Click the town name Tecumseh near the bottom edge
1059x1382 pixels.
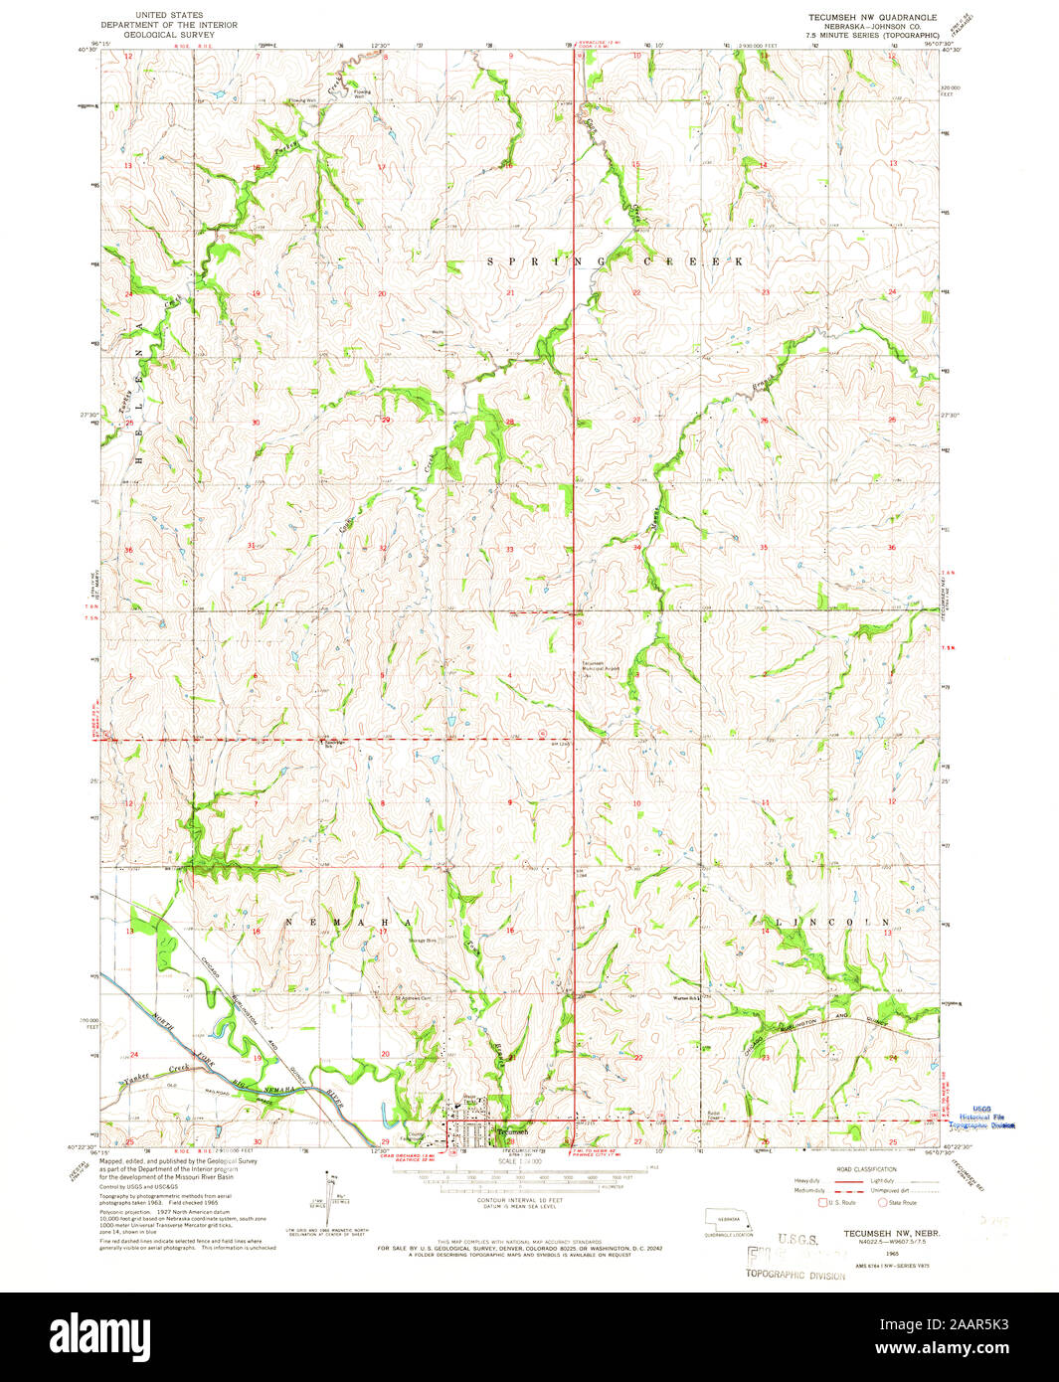[x=513, y=1131]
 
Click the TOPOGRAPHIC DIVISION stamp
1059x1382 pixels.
[x=795, y=1275]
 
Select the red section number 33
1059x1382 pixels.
[x=509, y=549]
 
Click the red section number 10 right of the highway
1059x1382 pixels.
[x=636, y=802]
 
